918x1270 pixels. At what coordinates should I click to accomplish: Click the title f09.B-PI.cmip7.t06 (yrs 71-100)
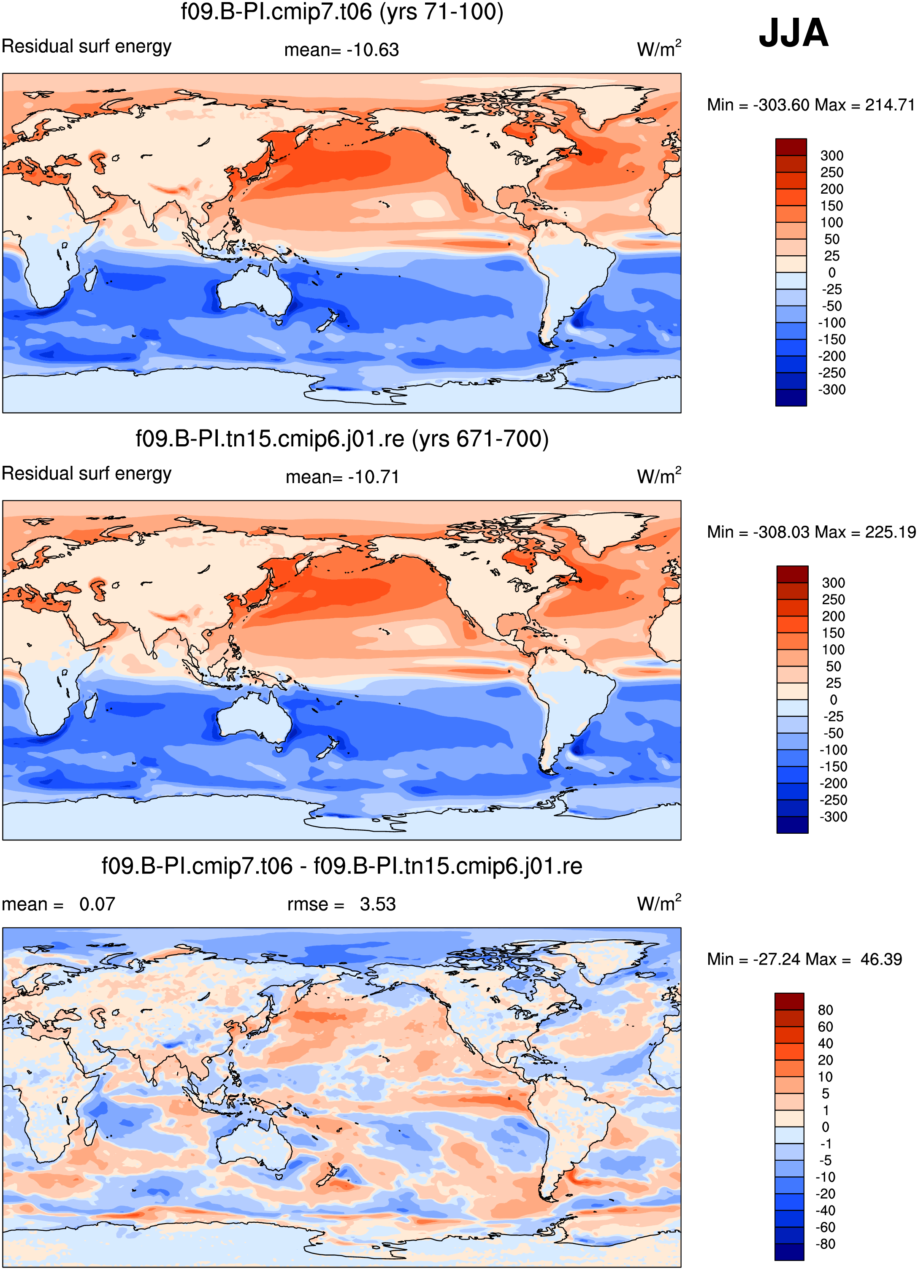[341, 12]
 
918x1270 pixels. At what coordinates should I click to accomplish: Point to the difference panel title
[341, 866]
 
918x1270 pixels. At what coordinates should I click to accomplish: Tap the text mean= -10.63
[341, 50]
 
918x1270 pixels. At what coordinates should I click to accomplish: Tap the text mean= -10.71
[342, 477]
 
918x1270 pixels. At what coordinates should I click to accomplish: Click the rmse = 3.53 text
[341, 904]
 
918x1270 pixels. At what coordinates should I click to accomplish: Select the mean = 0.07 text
[58, 904]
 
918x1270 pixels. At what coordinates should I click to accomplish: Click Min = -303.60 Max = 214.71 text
[810, 105]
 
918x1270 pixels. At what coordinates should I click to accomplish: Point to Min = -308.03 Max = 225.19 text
[811, 532]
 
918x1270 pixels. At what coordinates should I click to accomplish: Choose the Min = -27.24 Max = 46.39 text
[804, 959]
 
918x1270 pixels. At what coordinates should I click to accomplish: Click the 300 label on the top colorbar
[832, 156]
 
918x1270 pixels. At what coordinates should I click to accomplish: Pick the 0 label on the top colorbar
[832, 273]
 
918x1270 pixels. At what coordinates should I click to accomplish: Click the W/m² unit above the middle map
[659, 476]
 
